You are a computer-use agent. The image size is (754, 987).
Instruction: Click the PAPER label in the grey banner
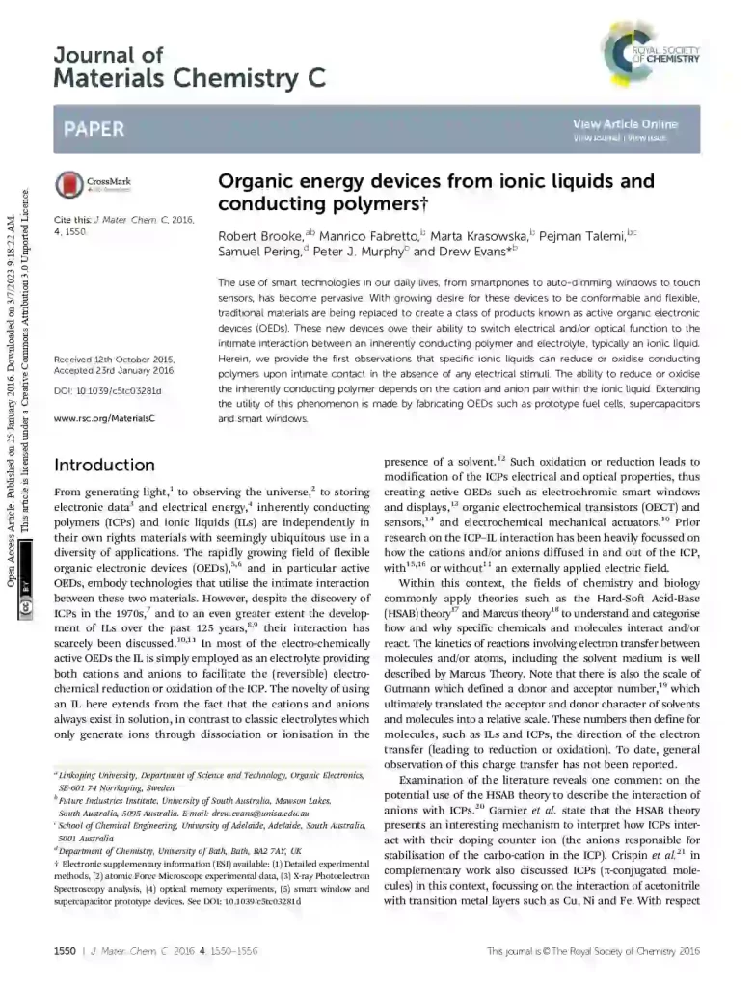(x=94, y=129)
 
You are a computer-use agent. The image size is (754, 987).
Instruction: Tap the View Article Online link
(x=625, y=124)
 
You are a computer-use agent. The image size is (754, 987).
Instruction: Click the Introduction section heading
(x=104, y=466)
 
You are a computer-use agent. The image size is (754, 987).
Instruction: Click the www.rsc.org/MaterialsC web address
(x=104, y=419)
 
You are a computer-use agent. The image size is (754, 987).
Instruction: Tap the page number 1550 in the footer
(x=64, y=951)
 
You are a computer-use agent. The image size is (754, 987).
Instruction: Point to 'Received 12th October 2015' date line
(x=114, y=359)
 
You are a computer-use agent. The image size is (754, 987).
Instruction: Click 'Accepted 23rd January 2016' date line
(x=114, y=370)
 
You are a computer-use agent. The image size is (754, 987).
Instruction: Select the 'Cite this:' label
(x=72, y=221)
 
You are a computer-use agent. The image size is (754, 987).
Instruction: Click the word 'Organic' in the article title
(x=256, y=181)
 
